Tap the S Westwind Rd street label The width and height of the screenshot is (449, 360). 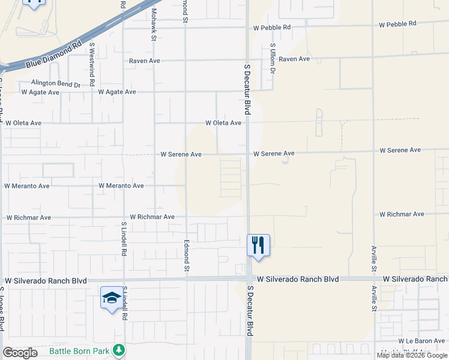[x=92, y=62]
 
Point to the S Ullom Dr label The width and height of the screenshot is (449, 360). [x=273, y=58]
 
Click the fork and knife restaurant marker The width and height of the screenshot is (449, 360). [x=258, y=245]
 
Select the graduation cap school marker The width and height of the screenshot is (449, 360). [x=111, y=298]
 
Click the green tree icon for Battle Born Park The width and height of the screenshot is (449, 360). [x=119, y=350]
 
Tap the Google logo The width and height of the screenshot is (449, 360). [x=20, y=353]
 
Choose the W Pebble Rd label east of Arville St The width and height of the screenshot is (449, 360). [x=397, y=24]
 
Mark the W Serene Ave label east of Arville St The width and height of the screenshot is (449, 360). [x=400, y=150]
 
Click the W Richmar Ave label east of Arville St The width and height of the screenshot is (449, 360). [x=402, y=214]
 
